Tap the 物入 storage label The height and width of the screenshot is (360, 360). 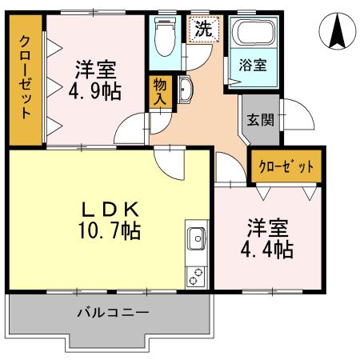[x=158, y=90]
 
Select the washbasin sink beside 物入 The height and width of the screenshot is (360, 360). [x=183, y=90]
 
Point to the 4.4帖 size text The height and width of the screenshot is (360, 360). [x=267, y=248]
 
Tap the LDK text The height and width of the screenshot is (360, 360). [x=112, y=210]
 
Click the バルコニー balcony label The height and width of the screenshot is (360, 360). [x=112, y=313]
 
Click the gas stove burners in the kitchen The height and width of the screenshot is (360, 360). [x=197, y=273]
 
